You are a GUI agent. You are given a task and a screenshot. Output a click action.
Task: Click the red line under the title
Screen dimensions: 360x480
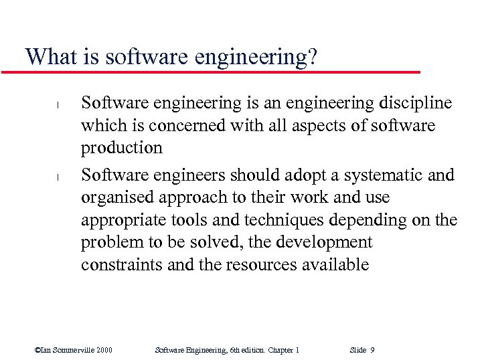click(214, 72)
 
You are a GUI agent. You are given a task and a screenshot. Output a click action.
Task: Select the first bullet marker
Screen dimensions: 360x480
click(58, 105)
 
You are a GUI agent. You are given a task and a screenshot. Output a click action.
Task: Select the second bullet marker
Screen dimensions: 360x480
click(58, 177)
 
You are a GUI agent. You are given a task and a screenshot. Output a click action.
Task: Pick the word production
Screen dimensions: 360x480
click(122, 148)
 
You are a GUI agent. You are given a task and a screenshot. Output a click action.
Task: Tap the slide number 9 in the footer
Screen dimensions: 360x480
click(372, 350)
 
